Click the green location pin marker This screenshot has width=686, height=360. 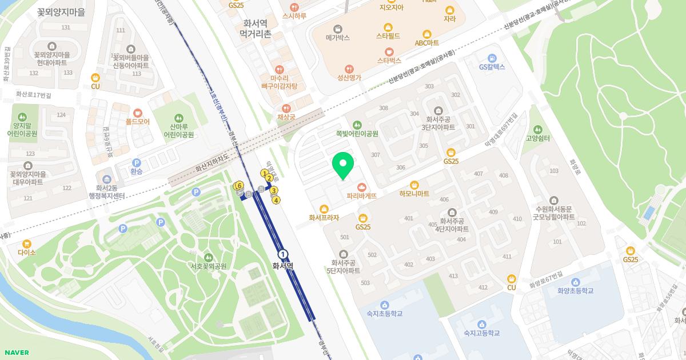343,165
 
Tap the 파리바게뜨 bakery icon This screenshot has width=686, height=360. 362,187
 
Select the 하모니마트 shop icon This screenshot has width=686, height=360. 414,185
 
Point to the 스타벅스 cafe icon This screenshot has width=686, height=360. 389,51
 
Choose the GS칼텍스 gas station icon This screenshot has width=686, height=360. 492,58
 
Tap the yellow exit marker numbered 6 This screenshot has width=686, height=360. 239,185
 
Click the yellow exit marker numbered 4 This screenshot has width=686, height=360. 276,200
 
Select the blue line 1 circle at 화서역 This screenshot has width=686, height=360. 282,254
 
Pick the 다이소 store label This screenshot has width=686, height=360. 27,252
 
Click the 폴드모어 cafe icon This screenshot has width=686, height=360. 137,113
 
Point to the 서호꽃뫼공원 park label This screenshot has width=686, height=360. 208,266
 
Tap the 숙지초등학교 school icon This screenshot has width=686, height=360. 385,305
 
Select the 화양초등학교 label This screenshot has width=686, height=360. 576,291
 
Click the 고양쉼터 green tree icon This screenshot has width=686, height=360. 537,129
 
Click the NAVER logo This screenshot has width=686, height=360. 16,353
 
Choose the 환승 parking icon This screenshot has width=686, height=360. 136,163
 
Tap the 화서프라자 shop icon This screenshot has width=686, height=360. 324,209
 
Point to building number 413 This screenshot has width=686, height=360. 453,276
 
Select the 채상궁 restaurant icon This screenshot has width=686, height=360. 286,108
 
